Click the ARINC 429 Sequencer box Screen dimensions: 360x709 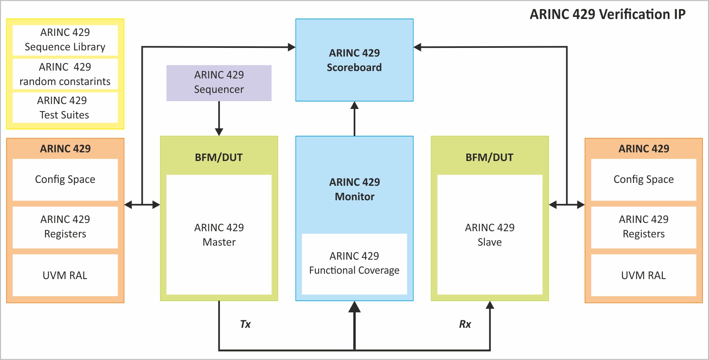pyautogui.click(x=219, y=83)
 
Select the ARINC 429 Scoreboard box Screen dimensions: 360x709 pyautogui.click(x=354, y=60)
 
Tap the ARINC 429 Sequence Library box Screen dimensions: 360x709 pyautogui.click(x=65, y=40)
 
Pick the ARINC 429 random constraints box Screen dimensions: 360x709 pyautogui.click(x=65, y=74)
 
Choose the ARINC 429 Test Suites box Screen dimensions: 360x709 pyautogui.click(x=65, y=108)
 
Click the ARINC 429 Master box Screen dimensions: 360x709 pyautogui.click(x=219, y=234)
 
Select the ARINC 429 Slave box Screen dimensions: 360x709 pyautogui.click(x=489, y=234)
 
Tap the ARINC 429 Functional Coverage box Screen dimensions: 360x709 pyautogui.click(x=354, y=263)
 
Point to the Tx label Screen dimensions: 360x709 pyautogui.click(x=245, y=324)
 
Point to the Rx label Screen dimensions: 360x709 pyautogui.click(x=465, y=324)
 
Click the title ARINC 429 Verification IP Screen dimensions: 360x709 pyautogui.click(x=607, y=14)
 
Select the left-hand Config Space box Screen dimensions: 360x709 pyautogui.click(x=65, y=180)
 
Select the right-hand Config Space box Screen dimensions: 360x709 pyautogui.click(x=643, y=180)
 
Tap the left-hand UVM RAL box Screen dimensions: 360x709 pyautogui.click(x=65, y=275)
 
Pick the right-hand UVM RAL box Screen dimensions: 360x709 pyautogui.click(x=643, y=275)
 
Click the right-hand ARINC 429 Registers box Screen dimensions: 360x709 pyautogui.click(x=643, y=227)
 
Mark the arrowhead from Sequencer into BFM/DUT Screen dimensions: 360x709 pyautogui.click(x=219, y=132)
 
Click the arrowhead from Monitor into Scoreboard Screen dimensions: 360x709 pyautogui.click(x=354, y=106)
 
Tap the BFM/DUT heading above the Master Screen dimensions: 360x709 pyautogui.click(x=219, y=157)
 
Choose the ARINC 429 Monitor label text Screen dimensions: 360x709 pyautogui.click(x=354, y=189)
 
